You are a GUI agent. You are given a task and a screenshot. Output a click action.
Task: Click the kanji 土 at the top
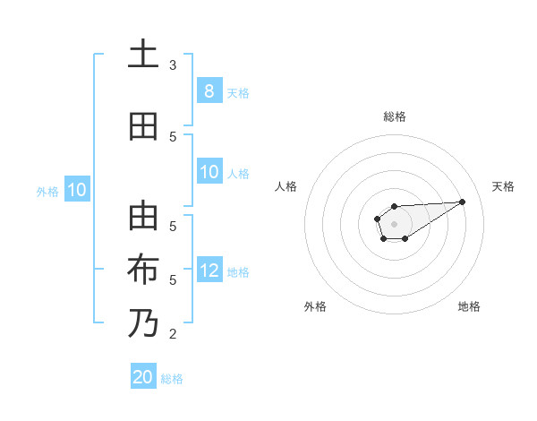tap(142, 55)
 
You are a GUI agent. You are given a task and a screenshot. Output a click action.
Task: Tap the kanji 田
tap(142, 126)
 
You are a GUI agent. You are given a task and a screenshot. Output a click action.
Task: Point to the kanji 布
tap(142, 270)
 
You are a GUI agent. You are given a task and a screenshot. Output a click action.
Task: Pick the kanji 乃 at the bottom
tap(142, 323)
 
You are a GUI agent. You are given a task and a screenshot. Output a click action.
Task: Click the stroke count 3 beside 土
tap(173, 64)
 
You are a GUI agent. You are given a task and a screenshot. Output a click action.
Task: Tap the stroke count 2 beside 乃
tap(173, 334)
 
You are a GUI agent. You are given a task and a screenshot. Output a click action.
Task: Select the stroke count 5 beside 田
tap(173, 136)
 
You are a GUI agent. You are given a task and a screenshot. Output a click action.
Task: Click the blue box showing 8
tap(209, 90)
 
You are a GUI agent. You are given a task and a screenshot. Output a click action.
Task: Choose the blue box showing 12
tap(209, 271)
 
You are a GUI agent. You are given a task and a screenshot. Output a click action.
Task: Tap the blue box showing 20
tap(143, 377)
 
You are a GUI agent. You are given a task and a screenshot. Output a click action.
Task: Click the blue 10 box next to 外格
tap(77, 190)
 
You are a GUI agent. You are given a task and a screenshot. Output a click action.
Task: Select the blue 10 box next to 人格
tap(209, 172)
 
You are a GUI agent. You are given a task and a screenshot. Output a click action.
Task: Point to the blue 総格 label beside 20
tap(172, 379)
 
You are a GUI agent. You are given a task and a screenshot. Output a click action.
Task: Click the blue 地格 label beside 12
tap(238, 271)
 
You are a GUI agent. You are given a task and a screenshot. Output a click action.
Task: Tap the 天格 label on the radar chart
tap(504, 186)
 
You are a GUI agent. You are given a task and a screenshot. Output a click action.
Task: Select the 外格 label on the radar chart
tap(315, 306)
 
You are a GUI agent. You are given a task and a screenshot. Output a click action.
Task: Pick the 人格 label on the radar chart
tap(286, 186)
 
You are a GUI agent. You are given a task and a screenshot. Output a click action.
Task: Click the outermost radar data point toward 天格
tap(463, 201)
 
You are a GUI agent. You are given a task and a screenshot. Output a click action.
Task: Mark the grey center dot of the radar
tap(394, 223)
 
